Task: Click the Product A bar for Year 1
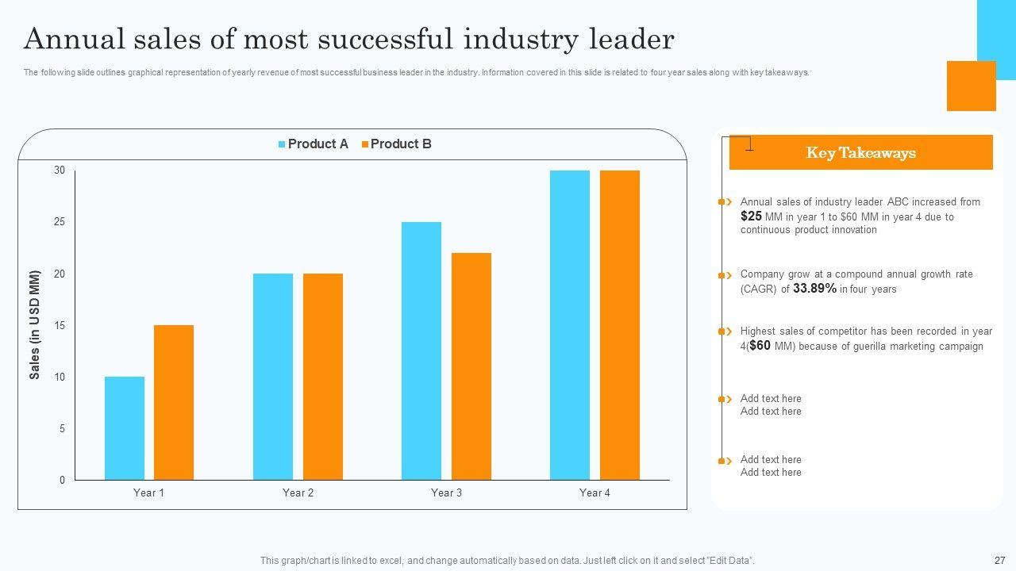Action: (x=125, y=428)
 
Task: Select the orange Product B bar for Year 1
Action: (x=174, y=402)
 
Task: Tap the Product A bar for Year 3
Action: (x=421, y=351)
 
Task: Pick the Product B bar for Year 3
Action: (x=471, y=366)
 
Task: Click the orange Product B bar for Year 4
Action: (x=620, y=325)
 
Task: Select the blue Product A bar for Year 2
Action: (x=273, y=377)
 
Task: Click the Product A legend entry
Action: (x=314, y=144)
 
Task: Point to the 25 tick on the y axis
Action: (x=60, y=222)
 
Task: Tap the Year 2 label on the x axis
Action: (x=298, y=493)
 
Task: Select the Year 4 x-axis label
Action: (x=595, y=493)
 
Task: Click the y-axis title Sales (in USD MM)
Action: (x=35, y=325)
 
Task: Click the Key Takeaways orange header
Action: (x=860, y=153)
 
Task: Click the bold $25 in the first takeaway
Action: (x=751, y=216)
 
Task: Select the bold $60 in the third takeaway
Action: (x=760, y=346)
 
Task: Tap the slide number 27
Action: (x=999, y=560)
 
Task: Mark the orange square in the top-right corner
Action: (x=971, y=86)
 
